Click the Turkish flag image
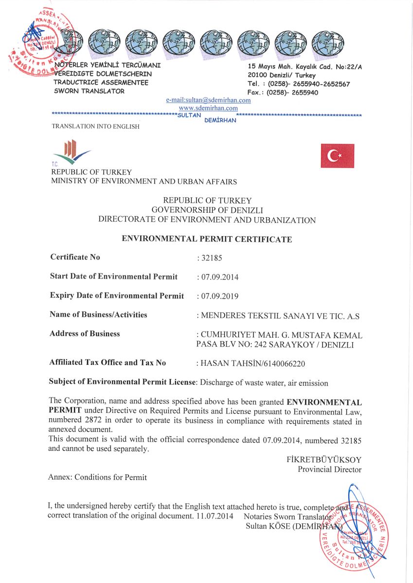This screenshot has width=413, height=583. coord(337,156)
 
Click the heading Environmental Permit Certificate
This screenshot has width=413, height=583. coord(207,239)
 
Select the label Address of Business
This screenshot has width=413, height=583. coord(85,334)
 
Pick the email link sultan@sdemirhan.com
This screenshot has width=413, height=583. coord(208,100)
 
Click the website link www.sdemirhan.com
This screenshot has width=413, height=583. coord(208,108)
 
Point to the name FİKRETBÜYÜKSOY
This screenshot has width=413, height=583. coord(324,460)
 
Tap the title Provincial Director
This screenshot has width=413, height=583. coord(329,469)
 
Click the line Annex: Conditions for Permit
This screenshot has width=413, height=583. coord(97,477)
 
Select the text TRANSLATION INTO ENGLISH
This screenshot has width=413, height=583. coord(95,127)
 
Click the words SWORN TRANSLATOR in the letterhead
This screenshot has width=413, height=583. coord(89,91)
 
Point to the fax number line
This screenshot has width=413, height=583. coord(283,92)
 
